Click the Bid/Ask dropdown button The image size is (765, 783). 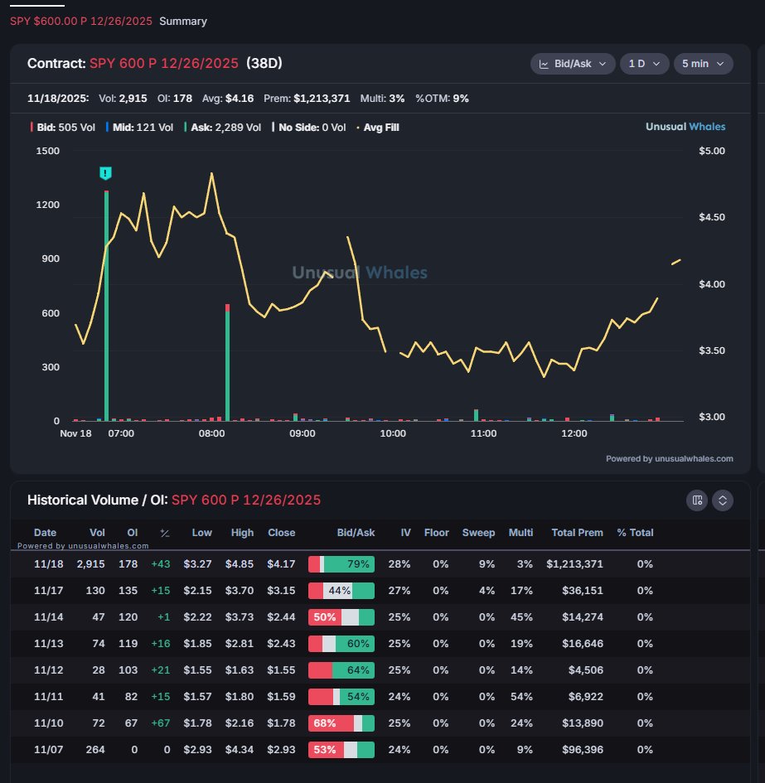(x=573, y=64)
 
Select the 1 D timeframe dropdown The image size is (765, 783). (x=644, y=64)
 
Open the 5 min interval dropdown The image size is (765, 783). (x=702, y=64)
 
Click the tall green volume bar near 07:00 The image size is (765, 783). (x=106, y=307)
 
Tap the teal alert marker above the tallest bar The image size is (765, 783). (x=105, y=173)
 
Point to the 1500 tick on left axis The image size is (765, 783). (x=47, y=151)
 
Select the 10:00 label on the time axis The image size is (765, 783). (x=393, y=433)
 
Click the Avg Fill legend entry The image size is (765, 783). (x=380, y=128)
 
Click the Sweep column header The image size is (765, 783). (x=478, y=533)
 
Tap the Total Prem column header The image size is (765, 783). (x=577, y=533)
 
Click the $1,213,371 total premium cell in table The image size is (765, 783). (x=574, y=564)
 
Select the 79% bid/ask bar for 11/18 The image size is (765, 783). (x=341, y=564)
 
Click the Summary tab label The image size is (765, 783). (x=183, y=21)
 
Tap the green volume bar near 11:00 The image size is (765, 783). (x=476, y=415)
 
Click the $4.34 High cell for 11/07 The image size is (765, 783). (x=242, y=750)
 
